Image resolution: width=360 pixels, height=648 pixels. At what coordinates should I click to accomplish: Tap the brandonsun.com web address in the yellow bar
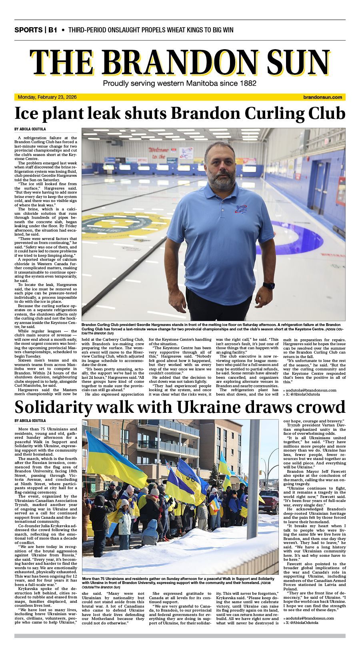[x=323, y=97]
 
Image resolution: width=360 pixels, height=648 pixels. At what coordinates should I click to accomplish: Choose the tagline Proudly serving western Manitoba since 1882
[x=180, y=83]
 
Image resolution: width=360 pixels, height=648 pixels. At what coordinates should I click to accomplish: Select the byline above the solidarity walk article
[x=30, y=421]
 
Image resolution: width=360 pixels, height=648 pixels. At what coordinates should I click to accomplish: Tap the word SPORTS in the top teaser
[x=28, y=30]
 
